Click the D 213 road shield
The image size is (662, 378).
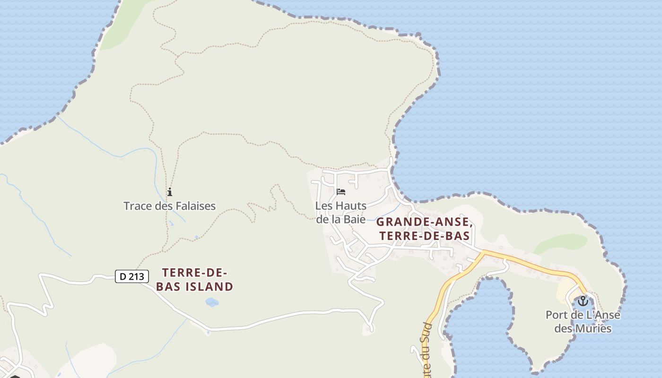[132, 276]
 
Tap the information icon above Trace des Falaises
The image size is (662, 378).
[170, 192]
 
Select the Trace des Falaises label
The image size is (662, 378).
[169, 206]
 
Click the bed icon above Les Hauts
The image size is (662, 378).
[341, 192]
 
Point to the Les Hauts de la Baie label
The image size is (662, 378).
[341, 213]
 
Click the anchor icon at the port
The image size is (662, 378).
[583, 301]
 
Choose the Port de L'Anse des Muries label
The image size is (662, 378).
[583, 321]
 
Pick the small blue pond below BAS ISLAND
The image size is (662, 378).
[212, 302]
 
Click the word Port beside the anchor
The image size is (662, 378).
[555, 315]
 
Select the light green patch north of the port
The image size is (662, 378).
[561, 243]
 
